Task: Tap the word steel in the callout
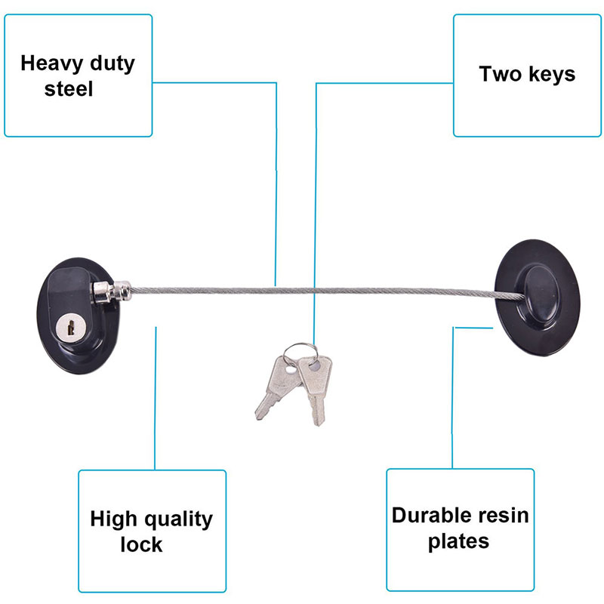(69, 89)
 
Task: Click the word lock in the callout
(141, 544)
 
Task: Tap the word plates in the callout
(458, 541)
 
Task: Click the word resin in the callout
(504, 516)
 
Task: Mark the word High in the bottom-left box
(112, 519)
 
